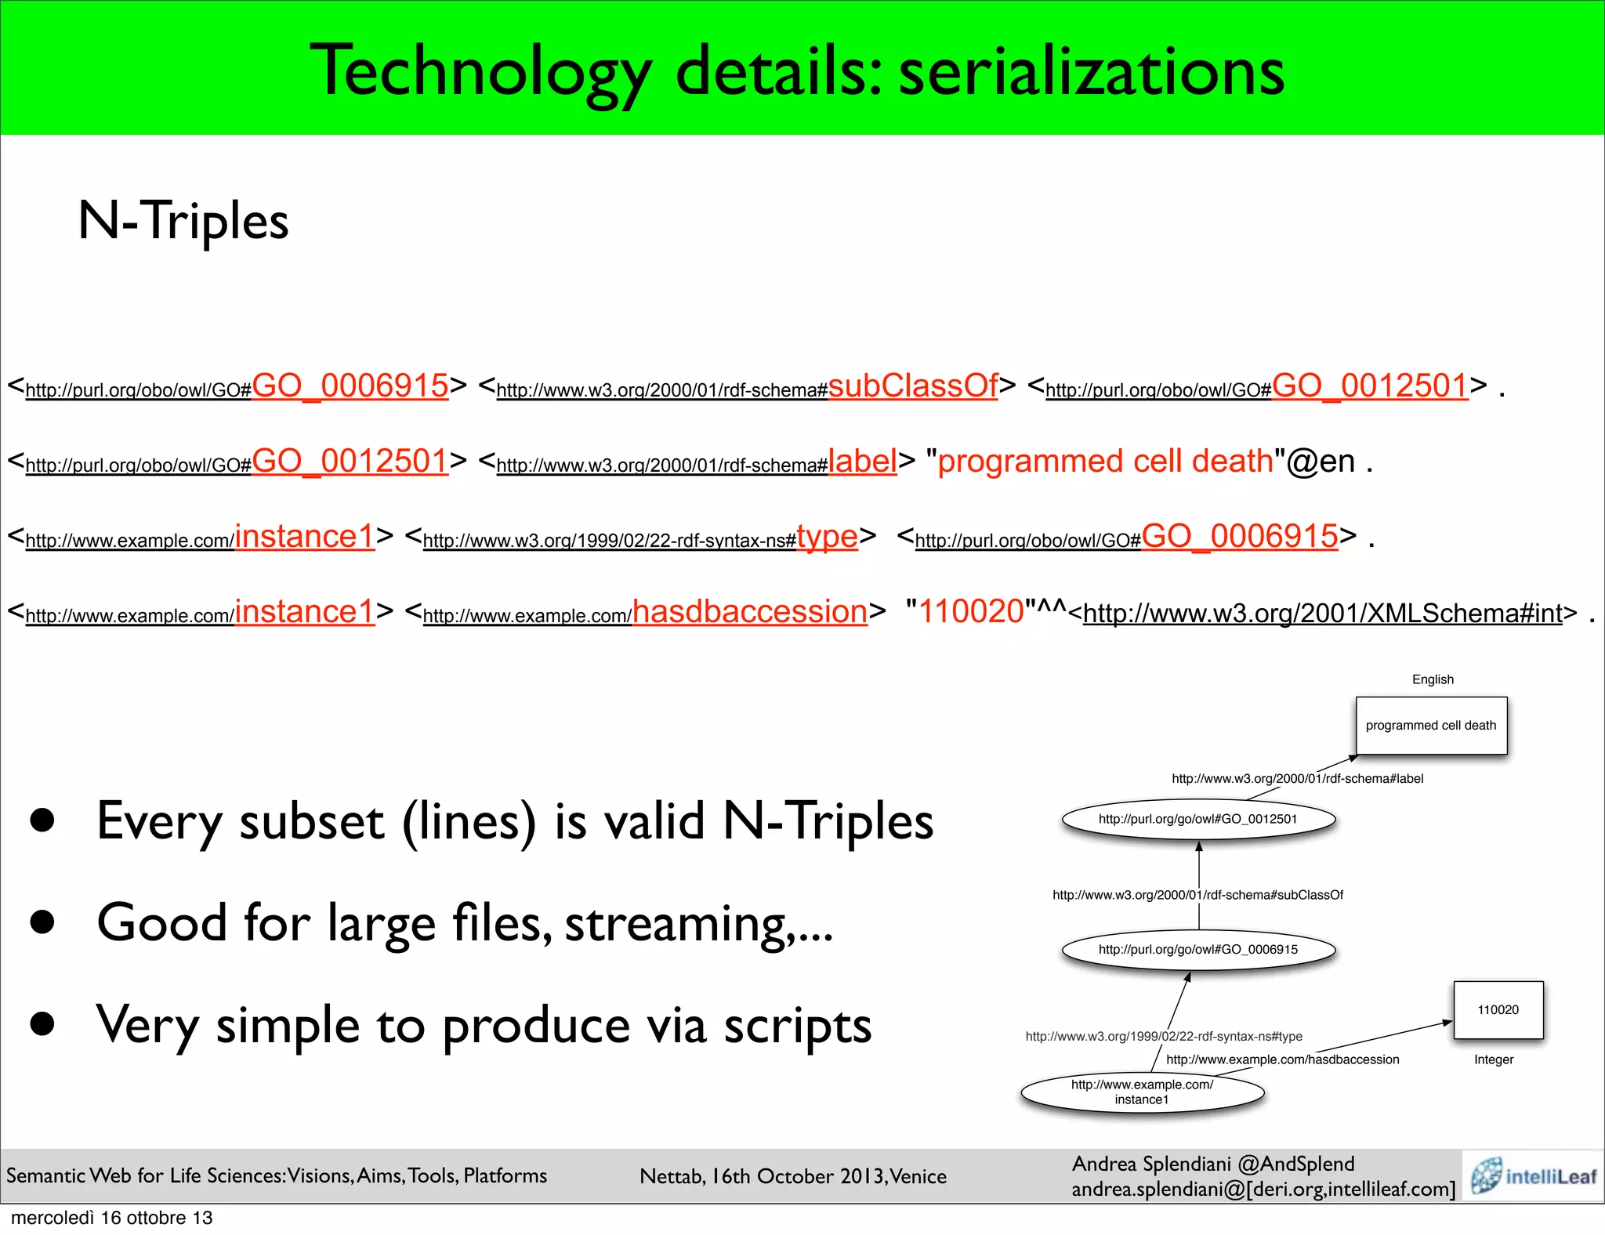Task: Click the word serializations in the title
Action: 1091,72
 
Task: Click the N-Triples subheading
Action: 183,220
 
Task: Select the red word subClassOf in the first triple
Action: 913,386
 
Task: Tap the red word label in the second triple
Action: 862,461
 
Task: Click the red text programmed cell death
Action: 1105,461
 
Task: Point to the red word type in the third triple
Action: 827,537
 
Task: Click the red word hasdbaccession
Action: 750,611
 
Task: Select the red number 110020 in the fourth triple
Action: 972,611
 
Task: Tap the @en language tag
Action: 1321,462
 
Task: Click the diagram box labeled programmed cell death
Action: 1431,726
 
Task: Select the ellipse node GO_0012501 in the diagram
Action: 1198,819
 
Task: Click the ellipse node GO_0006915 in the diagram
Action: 1198,949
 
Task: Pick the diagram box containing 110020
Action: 1498,1010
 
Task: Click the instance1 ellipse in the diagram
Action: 1142,1092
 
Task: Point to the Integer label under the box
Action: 1494,1059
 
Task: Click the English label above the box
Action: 1433,679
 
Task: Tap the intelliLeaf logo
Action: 1534,1175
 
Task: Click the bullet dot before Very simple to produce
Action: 42,1023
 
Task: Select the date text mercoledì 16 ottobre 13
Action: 112,1218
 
